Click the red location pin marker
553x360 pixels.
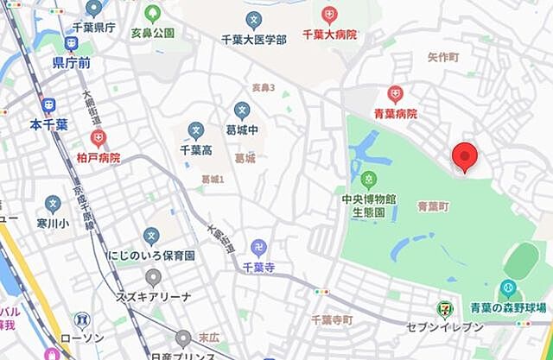465,157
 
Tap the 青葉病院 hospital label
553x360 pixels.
396,113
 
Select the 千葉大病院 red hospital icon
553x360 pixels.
329,15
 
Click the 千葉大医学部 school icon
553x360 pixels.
253,18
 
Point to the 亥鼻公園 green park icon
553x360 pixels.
153,14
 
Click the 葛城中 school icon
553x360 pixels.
243,111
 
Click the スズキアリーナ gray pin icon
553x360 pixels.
153,278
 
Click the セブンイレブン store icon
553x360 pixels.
444,306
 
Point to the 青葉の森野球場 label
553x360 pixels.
508,308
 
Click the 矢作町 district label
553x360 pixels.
443,55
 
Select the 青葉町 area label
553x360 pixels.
433,206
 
